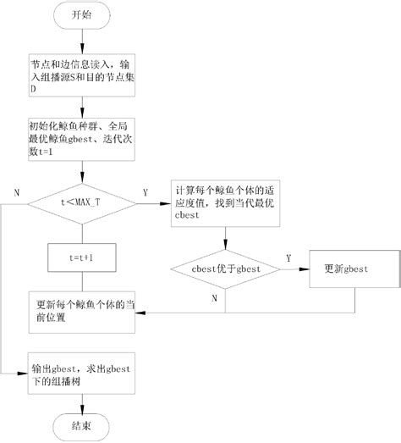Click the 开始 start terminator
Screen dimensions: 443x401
[82, 16]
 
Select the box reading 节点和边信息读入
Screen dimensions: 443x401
[82, 74]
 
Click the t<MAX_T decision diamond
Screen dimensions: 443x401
[82, 202]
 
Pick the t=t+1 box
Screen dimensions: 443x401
[82, 254]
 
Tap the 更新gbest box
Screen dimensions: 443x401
[350, 269]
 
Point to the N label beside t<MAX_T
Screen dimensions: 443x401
[16, 193]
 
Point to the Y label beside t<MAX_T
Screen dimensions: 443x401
[145, 193]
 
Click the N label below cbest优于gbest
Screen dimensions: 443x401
[215, 298]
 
